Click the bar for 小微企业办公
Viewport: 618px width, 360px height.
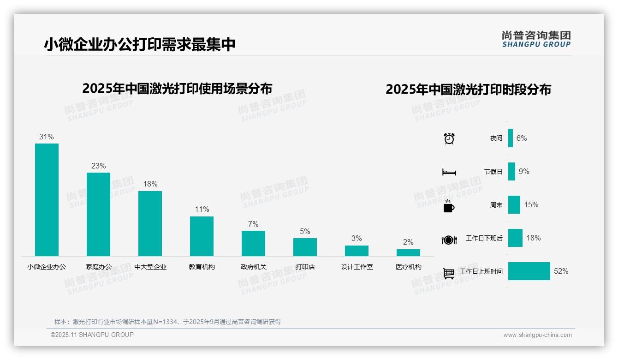tap(47, 199)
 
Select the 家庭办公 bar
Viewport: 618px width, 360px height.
tap(98, 214)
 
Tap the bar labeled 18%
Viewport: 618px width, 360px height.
tap(150, 223)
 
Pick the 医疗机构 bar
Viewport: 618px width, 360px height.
tap(408, 252)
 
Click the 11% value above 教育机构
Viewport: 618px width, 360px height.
tap(202, 209)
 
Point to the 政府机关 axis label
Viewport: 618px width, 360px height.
tap(253, 267)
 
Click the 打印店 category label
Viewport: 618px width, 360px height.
tap(305, 267)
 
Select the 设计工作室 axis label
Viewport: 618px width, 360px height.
tap(357, 267)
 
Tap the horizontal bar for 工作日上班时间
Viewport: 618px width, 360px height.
tap(529, 271)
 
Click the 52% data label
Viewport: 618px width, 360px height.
tap(561, 271)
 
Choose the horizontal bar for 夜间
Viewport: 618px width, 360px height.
tap(511, 138)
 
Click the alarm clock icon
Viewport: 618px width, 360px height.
tap(449, 138)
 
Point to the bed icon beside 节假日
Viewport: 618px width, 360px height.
tap(449, 172)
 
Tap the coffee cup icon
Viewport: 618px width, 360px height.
tap(449, 206)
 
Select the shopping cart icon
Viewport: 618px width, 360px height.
tap(449, 273)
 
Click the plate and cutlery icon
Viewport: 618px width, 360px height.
tap(449, 240)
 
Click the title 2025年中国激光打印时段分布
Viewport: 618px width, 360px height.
tap(468, 89)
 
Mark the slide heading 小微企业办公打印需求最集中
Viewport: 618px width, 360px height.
tap(140, 44)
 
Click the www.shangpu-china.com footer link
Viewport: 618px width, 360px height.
tap(537, 335)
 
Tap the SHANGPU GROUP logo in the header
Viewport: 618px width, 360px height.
tap(536, 39)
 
